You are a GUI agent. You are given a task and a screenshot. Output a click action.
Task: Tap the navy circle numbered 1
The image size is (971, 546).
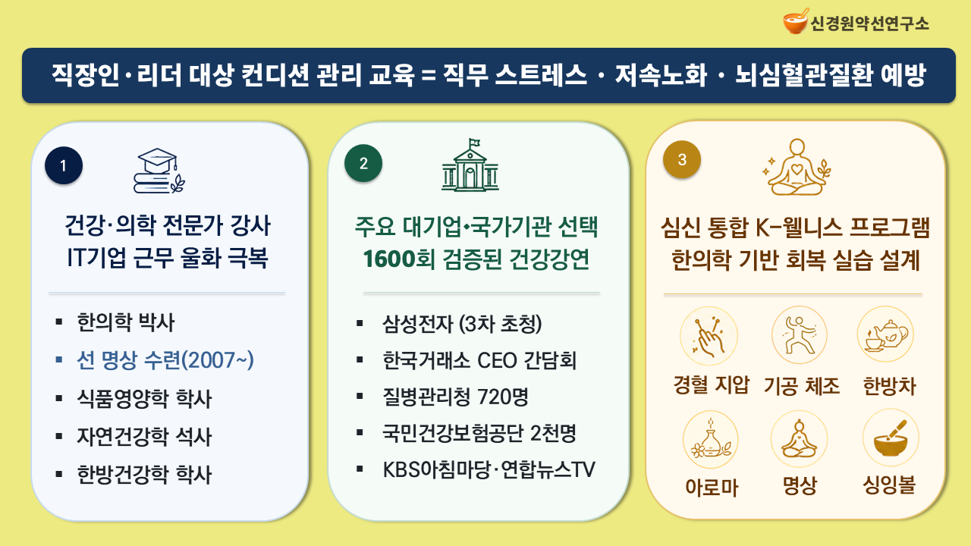click(64, 165)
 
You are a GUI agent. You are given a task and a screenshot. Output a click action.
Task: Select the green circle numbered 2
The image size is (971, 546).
click(363, 163)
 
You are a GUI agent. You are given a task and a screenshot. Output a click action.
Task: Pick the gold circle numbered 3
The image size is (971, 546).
click(682, 159)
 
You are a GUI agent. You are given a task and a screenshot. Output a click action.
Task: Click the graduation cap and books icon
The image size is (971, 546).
click(159, 171)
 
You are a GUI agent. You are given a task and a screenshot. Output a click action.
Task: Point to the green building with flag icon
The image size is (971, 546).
click(470, 165)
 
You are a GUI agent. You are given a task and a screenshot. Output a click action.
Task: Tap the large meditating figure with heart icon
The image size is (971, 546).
click(797, 168)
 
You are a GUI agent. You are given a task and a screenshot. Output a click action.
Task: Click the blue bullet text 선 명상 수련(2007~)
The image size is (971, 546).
click(165, 360)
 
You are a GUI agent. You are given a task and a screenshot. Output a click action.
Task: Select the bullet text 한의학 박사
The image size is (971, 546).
click(126, 322)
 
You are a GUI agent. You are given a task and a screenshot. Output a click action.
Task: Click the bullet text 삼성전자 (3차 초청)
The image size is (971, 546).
click(462, 324)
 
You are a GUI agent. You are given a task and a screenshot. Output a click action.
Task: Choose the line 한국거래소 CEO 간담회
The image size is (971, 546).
click(479, 360)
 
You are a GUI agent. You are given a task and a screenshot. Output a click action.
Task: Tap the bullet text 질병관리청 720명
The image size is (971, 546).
click(456, 397)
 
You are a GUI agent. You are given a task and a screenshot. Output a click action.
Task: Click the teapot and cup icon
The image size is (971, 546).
click(885, 335)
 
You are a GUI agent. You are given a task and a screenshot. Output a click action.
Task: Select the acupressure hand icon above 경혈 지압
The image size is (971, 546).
click(709, 336)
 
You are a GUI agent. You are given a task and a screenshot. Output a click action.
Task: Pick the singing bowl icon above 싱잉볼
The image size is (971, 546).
click(891, 438)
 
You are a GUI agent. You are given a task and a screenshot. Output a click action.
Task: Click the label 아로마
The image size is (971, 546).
click(712, 488)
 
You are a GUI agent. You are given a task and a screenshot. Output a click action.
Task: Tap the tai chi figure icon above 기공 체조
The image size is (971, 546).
click(800, 335)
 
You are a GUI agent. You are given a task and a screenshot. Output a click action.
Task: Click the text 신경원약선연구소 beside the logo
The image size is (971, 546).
click(869, 24)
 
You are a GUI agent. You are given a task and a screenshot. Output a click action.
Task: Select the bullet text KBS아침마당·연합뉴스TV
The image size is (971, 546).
click(489, 469)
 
